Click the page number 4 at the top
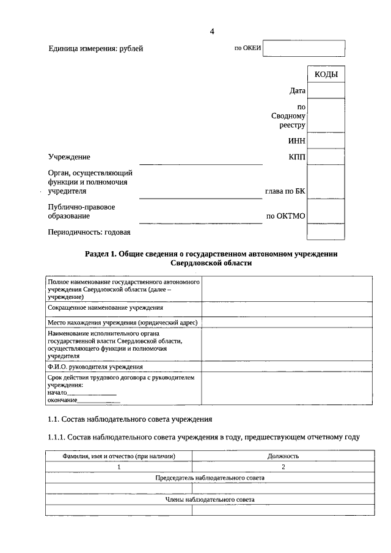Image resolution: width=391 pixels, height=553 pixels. pos(211,32)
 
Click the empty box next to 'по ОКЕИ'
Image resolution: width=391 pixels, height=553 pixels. pos(304,49)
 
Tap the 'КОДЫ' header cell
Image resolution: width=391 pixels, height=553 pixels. pos(326,75)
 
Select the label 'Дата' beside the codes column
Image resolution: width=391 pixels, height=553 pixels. pos(297,91)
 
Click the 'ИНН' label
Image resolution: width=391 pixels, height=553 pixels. pos(296,141)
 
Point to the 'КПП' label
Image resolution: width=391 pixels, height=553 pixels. pos(296,157)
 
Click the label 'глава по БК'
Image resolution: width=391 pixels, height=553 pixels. pos(285,191)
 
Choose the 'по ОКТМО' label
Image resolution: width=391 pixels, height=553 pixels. pos(286,216)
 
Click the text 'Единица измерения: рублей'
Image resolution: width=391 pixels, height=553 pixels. pos(96,49)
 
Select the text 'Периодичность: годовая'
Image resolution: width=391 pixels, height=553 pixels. pos(89,232)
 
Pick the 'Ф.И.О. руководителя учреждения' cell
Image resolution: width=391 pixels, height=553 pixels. pos(95,367)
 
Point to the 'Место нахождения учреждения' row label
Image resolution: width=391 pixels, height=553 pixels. pos(123,322)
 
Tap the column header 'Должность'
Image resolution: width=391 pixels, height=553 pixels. pos(283,456)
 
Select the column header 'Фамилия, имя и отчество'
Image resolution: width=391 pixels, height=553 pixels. pos(119,456)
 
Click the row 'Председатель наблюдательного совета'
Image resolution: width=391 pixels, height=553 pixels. pos(210,477)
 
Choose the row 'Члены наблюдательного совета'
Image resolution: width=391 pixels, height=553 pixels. pos(210,499)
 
